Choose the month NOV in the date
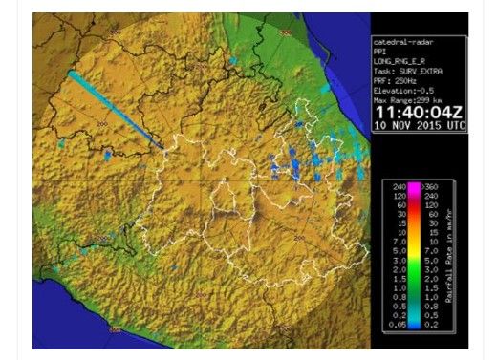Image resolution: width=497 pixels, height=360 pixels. [398, 125]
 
